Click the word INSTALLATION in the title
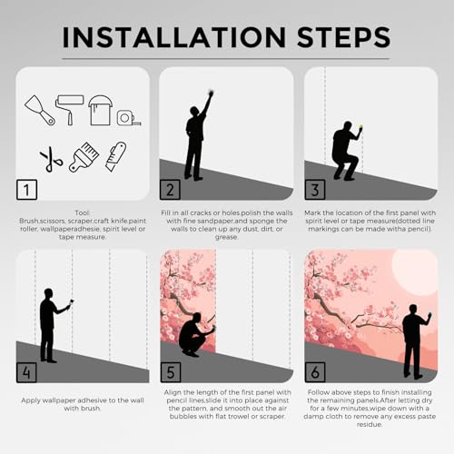coord(174,37)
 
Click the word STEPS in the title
coord(343,37)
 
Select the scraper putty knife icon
coord(40,111)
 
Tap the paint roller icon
coord(69,110)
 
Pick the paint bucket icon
coord(100,110)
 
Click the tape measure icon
coord(129,118)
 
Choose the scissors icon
coord(52,159)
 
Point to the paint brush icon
coord(84,157)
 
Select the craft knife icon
coord(116,156)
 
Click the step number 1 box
coord(27,190)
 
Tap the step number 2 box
coord(170,190)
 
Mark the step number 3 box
coord(315,190)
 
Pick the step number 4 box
coord(26,372)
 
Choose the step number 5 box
coord(171,372)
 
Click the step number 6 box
coord(315,372)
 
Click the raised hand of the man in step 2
coord(211,94)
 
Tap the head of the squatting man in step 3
coord(348,126)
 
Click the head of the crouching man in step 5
coord(196,318)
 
